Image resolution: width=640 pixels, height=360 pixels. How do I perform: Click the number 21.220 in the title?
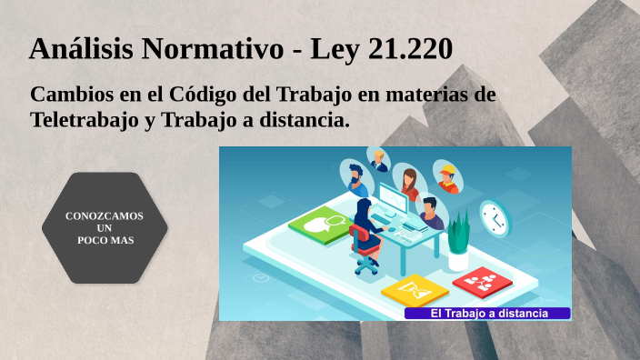pos(411,49)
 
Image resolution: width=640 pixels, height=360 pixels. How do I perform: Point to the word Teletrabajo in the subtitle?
pos(85,119)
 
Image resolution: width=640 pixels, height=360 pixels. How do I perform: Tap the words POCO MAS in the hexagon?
pos(105,240)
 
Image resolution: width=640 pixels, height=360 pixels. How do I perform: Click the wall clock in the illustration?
pos(494,217)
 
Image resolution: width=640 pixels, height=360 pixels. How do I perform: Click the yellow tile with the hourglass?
pos(415,290)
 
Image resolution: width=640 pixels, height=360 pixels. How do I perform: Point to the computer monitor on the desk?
pos(393,197)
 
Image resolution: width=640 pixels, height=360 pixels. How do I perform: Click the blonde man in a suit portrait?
pos(379,161)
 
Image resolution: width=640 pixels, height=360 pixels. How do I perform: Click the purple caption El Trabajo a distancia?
pos(488,314)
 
